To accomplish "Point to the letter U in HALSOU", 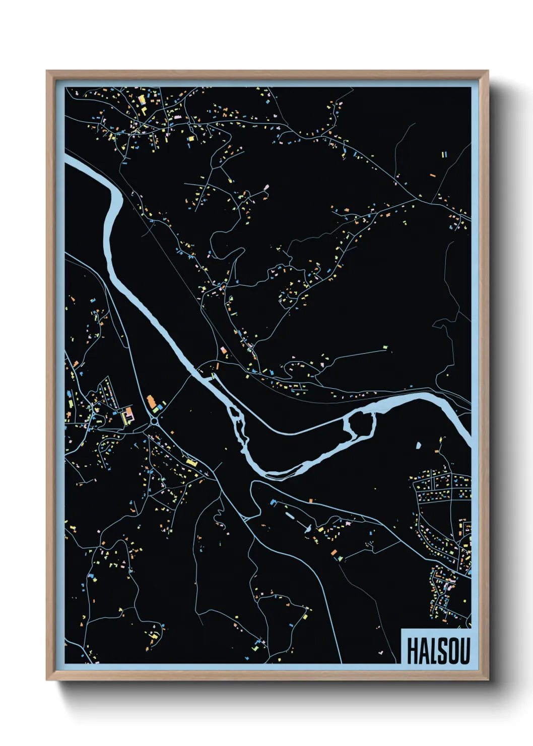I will [x=463, y=651].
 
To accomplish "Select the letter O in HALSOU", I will [x=451, y=651].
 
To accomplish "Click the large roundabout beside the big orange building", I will [x=154, y=420].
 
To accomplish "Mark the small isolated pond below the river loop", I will [x=418, y=445].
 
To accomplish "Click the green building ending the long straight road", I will [x=386, y=347].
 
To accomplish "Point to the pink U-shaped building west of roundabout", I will [x=129, y=415].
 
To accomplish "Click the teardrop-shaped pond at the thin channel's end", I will [x=306, y=529].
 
